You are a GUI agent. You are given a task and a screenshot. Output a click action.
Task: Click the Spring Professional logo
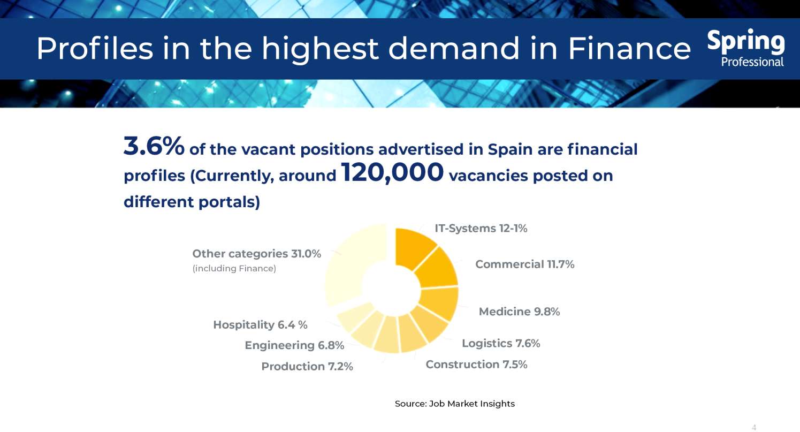pyautogui.click(x=746, y=48)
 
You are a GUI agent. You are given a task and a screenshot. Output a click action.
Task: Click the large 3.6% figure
pyautogui.click(x=154, y=147)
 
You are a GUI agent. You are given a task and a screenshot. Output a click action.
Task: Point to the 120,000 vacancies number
pyautogui.click(x=392, y=173)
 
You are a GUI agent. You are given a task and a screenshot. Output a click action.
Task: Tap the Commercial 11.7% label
pyautogui.click(x=524, y=264)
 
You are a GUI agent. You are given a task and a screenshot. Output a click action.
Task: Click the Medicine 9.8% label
pyautogui.click(x=519, y=312)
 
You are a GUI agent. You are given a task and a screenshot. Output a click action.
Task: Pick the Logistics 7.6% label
pyautogui.click(x=501, y=343)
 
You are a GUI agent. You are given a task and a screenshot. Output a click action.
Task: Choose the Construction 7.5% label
pyautogui.click(x=476, y=365)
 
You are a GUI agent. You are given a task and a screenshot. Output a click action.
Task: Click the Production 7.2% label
pyautogui.click(x=307, y=367)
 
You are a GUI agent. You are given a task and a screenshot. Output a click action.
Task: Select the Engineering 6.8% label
pyautogui.click(x=294, y=345)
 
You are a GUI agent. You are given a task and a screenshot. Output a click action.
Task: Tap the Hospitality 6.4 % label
pyautogui.click(x=260, y=325)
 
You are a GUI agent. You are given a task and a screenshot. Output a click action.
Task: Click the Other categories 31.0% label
pyautogui.click(x=256, y=254)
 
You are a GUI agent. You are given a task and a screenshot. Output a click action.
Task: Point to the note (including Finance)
pyautogui.click(x=234, y=269)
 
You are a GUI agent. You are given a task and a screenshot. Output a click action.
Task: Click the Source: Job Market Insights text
pyautogui.click(x=454, y=404)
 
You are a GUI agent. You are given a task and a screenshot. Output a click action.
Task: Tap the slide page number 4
pyautogui.click(x=754, y=427)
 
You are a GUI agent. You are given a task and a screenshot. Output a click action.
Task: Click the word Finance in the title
pyautogui.click(x=629, y=49)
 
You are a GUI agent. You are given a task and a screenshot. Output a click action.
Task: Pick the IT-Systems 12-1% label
pyautogui.click(x=481, y=228)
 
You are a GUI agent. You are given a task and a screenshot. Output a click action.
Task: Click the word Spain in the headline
pyautogui.click(x=510, y=149)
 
